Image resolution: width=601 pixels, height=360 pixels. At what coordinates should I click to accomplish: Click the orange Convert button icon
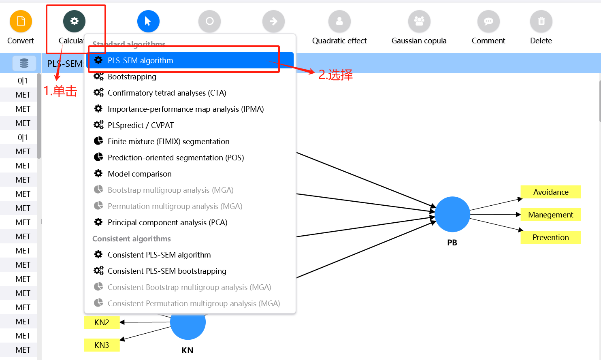[x=21, y=21]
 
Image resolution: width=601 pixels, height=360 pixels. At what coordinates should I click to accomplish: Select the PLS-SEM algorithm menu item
[x=140, y=60]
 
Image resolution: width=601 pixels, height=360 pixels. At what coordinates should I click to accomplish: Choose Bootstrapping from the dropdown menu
[x=132, y=77]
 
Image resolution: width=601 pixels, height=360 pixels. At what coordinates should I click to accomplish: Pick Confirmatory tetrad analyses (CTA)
[x=166, y=93]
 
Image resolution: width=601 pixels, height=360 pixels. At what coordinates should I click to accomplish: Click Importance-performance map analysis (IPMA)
[x=185, y=109]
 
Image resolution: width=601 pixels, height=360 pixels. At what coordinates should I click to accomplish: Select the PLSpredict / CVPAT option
[x=141, y=125]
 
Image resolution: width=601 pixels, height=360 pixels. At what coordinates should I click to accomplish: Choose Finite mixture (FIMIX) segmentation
[x=168, y=141]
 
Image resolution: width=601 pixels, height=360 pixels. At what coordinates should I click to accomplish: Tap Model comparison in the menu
[x=139, y=174]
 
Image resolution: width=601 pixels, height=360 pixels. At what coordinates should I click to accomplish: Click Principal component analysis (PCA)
[x=167, y=222]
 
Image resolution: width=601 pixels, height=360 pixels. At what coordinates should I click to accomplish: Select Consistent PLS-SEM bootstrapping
[x=167, y=271]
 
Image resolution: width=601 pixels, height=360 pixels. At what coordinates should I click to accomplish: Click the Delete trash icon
[x=541, y=21]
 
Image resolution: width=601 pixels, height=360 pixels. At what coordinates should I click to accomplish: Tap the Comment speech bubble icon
[x=488, y=21]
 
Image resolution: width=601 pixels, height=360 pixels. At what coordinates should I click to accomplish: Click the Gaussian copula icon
[x=419, y=21]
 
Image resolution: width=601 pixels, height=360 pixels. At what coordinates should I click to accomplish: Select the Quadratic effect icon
[x=339, y=21]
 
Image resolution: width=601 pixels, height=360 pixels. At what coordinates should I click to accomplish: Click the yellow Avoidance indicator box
[x=551, y=192]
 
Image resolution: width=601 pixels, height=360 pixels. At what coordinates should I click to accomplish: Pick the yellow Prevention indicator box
[x=551, y=237]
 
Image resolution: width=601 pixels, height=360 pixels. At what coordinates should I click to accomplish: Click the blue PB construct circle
[x=452, y=214]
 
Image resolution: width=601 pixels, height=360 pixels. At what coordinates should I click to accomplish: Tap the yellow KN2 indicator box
[x=102, y=322]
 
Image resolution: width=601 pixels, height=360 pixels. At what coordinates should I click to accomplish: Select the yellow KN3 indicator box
[x=102, y=345]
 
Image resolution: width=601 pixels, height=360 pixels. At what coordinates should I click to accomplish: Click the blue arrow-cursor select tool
[x=148, y=21]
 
